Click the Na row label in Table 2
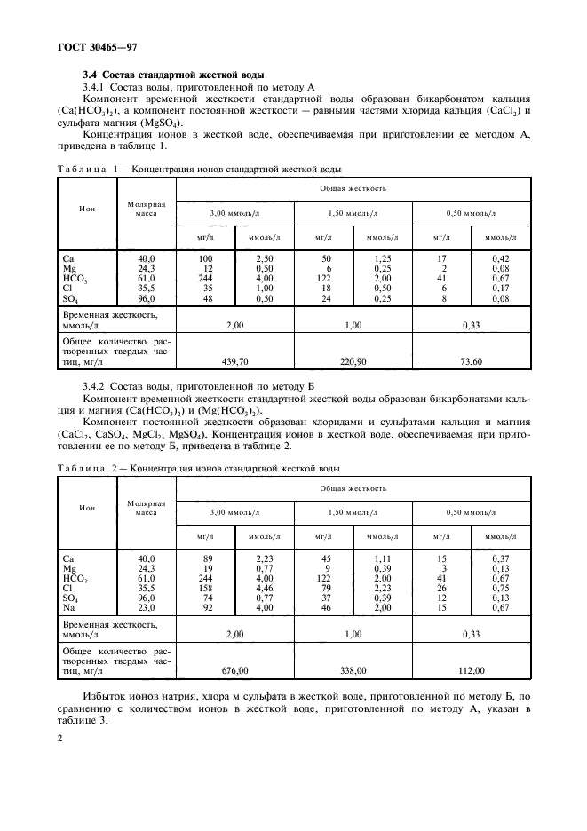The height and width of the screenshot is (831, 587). [x=69, y=606]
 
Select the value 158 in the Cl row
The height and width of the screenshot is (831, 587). [x=208, y=587]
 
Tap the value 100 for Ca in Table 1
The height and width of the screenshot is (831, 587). [x=206, y=257]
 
